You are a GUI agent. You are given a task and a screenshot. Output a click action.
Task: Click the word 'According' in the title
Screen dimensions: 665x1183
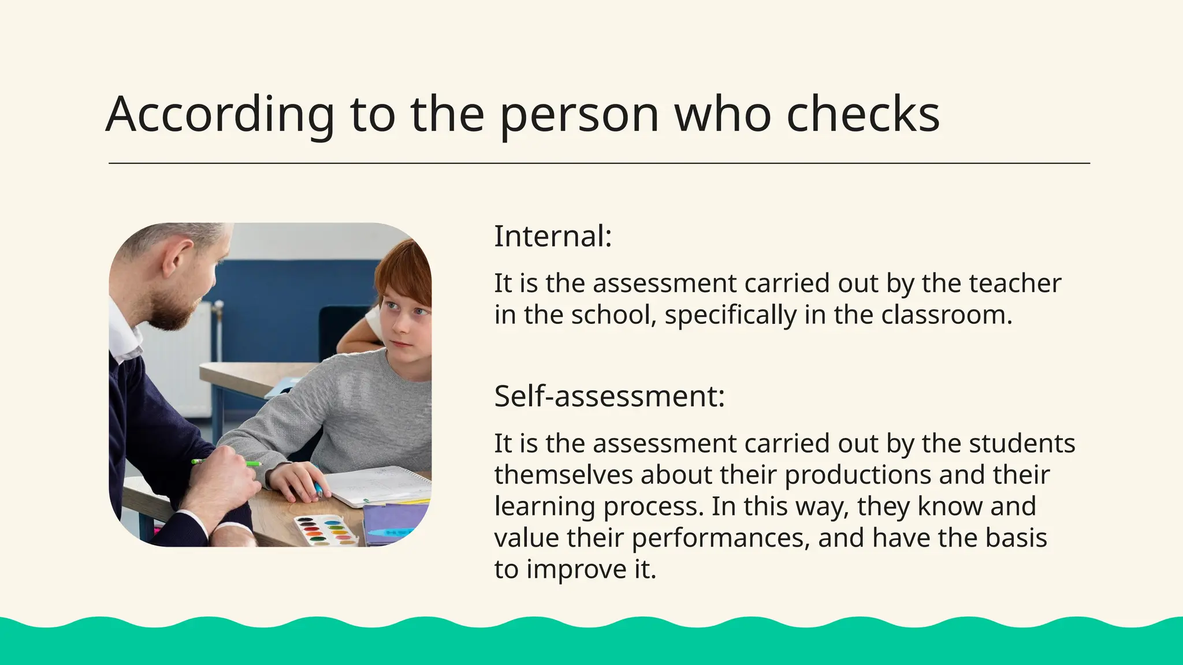(x=220, y=114)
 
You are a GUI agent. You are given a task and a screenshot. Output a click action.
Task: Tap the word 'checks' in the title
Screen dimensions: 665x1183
(x=863, y=114)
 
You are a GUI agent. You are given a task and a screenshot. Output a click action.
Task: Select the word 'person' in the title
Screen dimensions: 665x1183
(x=579, y=114)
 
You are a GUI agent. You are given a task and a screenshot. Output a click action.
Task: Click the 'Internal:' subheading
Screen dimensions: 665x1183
(x=553, y=236)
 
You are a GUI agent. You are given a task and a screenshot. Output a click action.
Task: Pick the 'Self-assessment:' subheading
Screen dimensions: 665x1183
(x=609, y=396)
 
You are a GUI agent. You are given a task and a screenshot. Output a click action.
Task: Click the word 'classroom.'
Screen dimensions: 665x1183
(x=947, y=315)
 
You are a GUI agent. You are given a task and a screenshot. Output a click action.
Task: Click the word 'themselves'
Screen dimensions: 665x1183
(x=564, y=475)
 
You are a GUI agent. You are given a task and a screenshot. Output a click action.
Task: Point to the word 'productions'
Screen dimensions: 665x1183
(x=858, y=475)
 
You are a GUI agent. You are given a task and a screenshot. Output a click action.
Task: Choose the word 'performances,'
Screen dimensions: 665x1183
(x=721, y=538)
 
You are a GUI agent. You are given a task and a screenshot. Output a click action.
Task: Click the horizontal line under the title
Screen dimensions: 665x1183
(x=599, y=163)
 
